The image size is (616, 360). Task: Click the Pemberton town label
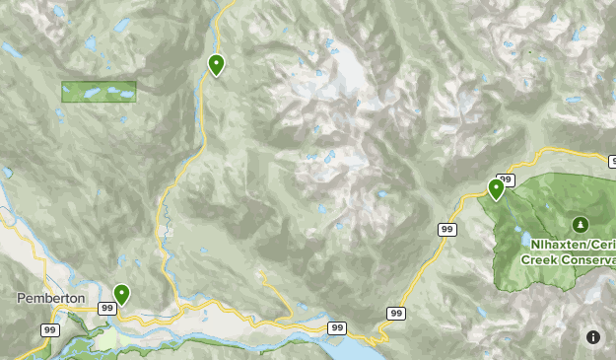click(x=50, y=298)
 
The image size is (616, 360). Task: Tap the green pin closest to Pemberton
click(x=121, y=294)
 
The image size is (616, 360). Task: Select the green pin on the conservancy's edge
click(x=496, y=188)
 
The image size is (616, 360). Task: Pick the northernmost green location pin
click(x=216, y=65)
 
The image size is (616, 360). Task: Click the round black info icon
click(x=593, y=336)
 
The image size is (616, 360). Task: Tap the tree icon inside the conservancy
click(x=580, y=223)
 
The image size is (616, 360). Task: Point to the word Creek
click(x=538, y=259)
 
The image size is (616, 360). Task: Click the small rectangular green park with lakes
click(x=99, y=92)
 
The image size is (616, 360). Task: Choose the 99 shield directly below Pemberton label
click(x=48, y=329)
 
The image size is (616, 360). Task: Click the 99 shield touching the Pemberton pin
click(x=106, y=309)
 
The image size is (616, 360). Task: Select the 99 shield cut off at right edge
click(x=612, y=160)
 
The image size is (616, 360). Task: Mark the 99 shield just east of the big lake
click(x=396, y=313)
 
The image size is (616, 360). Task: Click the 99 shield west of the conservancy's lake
click(x=446, y=229)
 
